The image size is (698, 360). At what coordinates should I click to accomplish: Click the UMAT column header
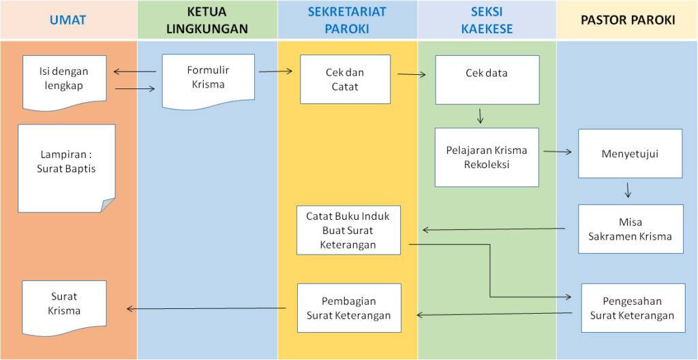tap(68, 20)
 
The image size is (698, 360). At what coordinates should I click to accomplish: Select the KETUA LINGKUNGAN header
tap(207, 20)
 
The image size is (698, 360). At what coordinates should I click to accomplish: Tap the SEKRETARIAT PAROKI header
tap(348, 20)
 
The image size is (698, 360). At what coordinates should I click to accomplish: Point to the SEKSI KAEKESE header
tap(487, 20)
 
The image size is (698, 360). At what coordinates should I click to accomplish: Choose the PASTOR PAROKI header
tap(627, 20)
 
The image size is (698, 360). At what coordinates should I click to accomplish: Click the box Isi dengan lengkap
tap(65, 82)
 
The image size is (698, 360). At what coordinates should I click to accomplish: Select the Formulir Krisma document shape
tap(209, 81)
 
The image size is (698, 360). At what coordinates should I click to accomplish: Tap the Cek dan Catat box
tap(345, 79)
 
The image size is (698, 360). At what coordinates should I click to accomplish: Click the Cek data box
tap(487, 80)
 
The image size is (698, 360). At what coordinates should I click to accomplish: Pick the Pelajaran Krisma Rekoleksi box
tap(487, 157)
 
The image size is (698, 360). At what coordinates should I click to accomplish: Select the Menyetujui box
tap(631, 154)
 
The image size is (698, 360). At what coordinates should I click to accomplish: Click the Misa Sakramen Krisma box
tap(631, 229)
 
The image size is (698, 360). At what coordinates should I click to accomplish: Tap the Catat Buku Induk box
tap(348, 230)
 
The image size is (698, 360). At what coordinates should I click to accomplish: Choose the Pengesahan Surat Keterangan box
tap(633, 308)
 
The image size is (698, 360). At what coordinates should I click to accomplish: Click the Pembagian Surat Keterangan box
tap(349, 308)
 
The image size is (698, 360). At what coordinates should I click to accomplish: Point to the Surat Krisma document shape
tap(64, 308)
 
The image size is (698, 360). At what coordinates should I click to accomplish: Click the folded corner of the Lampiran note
tap(108, 206)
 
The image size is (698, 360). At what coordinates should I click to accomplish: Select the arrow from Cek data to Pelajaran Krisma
tap(480, 116)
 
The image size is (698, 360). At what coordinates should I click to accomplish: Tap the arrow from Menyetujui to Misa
tap(628, 190)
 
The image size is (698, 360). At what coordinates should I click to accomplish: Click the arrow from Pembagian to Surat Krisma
tap(207, 308)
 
